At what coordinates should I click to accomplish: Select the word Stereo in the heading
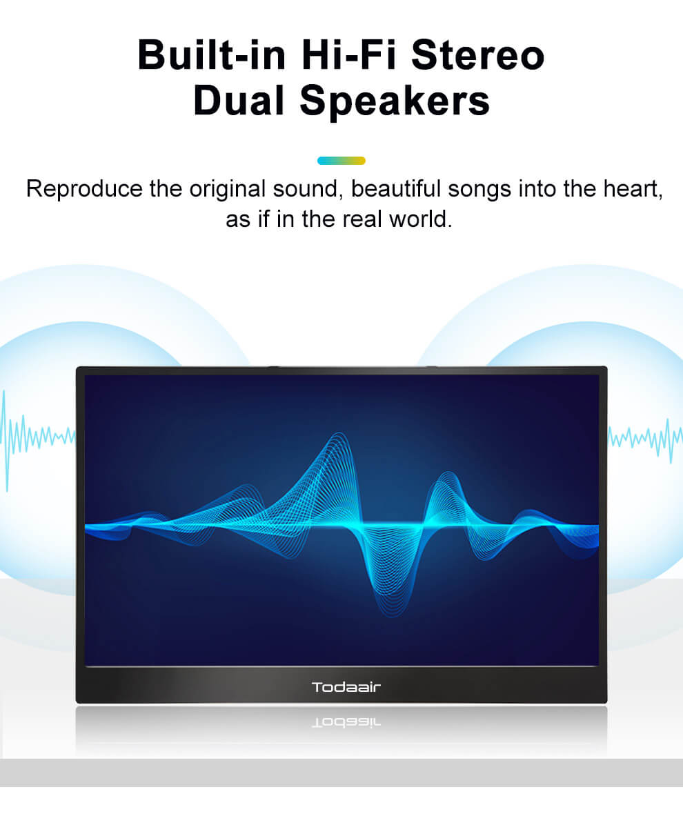tap(478, 55)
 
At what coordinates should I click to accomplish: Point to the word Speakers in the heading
tap(395, 101)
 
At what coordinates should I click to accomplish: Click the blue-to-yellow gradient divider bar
tap(341, 161)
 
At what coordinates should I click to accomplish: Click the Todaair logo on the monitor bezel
tap(346, 687)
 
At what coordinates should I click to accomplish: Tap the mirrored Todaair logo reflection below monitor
tap(346, 722)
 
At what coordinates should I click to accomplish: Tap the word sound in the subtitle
tap(308, 189)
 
